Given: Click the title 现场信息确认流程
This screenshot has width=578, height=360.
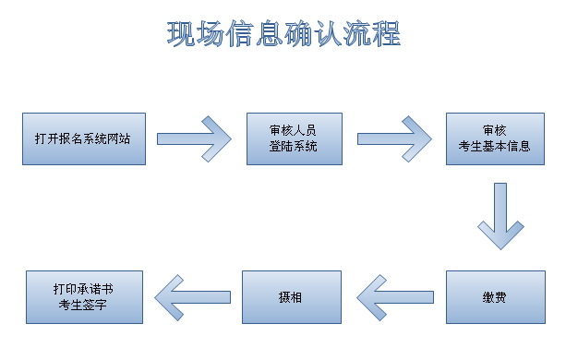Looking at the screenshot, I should coord(283,34).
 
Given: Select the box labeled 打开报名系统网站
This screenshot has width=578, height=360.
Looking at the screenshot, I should coord(84,138).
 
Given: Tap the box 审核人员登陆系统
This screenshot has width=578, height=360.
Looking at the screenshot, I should coord(295,138).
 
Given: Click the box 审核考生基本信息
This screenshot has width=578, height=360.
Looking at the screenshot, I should coord(495,138).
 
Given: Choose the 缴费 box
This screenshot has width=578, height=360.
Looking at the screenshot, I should coord(495,297).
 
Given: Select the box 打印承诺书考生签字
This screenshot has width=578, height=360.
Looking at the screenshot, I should coord(84,297).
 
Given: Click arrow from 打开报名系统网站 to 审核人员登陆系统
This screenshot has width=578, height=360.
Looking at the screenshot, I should coord(195,138).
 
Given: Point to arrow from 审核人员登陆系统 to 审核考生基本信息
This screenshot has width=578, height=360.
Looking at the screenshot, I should coord(395,138).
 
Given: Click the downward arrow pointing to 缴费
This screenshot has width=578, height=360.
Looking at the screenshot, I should coord(500,217).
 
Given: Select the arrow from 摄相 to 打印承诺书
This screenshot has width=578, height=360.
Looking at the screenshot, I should coord(192,297).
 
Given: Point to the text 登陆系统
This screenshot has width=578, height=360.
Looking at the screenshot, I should coord(294,147).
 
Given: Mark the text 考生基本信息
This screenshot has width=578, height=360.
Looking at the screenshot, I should coord(495,147).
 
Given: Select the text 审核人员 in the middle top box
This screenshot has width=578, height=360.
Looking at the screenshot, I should coord(294,130).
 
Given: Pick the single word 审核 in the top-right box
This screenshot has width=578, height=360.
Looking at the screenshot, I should coord(494,130).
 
